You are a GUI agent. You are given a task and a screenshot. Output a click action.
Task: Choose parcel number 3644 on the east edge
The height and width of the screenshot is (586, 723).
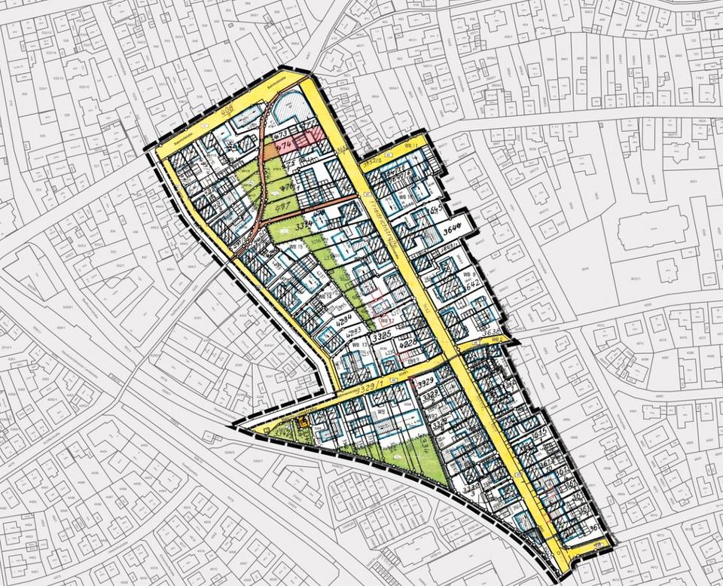pos(453,225)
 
